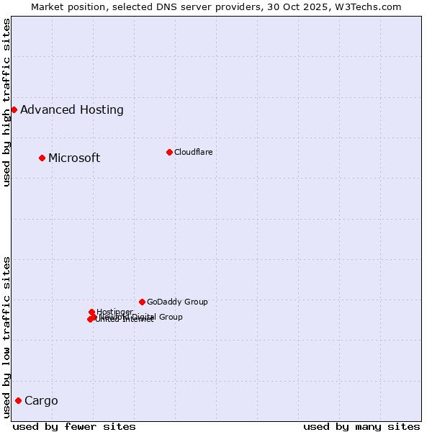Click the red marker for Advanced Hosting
(x=14, y=109)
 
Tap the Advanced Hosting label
(x=72, y=110)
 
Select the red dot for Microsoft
(x=42, y=158)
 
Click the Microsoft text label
(x=74, y=158)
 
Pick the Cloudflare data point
(x=169, y=152)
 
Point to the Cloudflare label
(x=193, y=152)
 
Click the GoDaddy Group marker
(x=142, y=302)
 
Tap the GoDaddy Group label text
(x=177, y=302)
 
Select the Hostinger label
(x=114, y=312)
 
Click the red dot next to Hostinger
(x=91, y=312)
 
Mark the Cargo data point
(x=18, y=400)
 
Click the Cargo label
(x=41, y=401)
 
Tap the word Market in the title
(x=48, y=6)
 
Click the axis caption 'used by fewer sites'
(x=74, y=426)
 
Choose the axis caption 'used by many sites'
(x=361, y=426)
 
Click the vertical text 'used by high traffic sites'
(x=6, y=102)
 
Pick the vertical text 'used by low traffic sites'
(x=6, y=337)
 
